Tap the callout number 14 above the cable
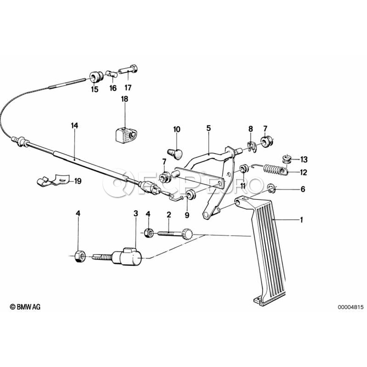(x=74, y=126)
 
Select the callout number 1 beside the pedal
(x=302, y=220)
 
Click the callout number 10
(x=177, y=129)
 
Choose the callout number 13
(x=304, y=159)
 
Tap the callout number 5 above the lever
(x=208, y=128)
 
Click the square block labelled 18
(x=124, y=134)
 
